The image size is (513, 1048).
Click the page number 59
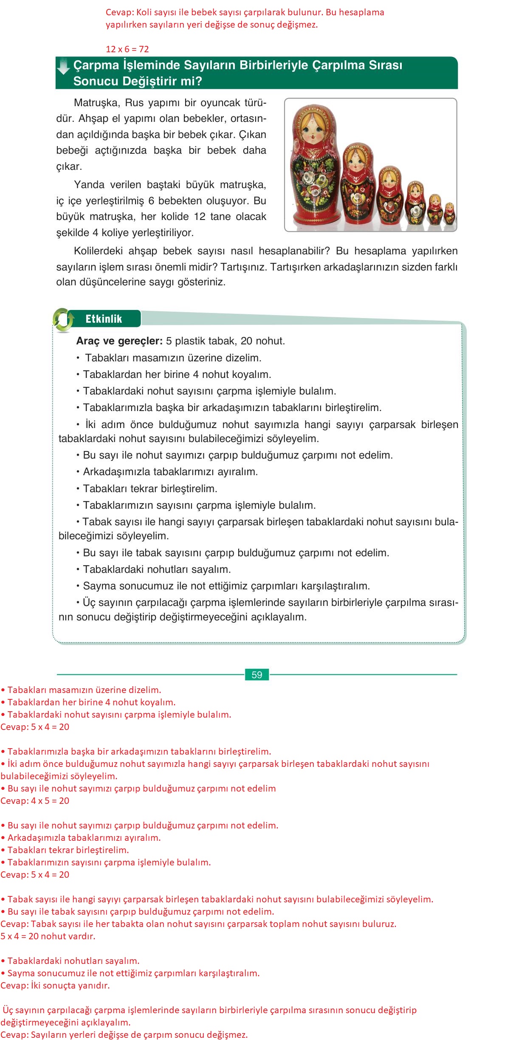coord(256,675)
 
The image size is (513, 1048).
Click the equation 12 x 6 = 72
coord(127,49)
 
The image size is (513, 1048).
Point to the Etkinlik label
coord(104,319)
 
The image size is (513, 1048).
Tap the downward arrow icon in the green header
coord(63,66)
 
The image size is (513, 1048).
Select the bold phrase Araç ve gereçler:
coord(119,341)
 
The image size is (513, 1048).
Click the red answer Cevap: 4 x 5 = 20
coord(35,801)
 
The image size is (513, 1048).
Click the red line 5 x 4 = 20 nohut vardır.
coord(48,936)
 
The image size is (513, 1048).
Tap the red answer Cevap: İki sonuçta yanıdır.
coord(55,986)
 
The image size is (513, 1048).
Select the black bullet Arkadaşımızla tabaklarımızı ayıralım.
coord(170,472)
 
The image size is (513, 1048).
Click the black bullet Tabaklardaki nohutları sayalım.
coord(157,569)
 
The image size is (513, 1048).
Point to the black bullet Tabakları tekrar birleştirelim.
coord(150,489)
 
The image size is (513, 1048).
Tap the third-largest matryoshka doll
coord(390,194)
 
